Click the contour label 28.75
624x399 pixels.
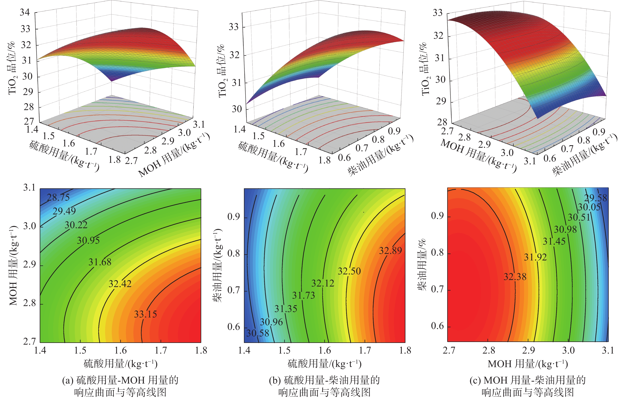[x=58, y=198]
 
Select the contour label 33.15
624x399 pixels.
[x=145, y=314]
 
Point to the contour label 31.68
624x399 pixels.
[x=100, y=262]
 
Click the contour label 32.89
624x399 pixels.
[x=390, y=251]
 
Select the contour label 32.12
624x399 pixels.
[x=323, y=283]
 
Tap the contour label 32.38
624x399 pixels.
[x=515, y=277]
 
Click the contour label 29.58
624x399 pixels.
[x=595, y=198]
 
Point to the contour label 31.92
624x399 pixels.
[x=535, y=257]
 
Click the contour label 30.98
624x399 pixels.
[x=565, y=229]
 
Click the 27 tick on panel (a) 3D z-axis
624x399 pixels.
[x=29, y=121]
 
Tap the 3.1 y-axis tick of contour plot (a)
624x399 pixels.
[x=29, y=188]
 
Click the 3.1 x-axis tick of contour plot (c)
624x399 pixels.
[x=608, y=351]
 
